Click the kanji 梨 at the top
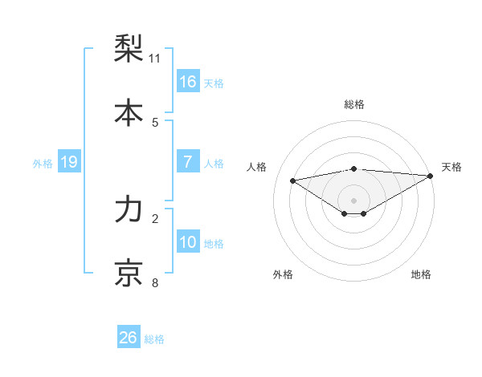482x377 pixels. coord(129,49)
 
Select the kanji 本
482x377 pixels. coord(129,113)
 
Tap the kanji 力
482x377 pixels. coord(129,209)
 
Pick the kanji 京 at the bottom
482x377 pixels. coord(129,274)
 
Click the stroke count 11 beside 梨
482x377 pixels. coord(155,59)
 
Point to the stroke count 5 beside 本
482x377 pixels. coord(155,123)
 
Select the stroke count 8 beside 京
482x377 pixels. coord(155,283)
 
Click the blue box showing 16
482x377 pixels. coord(188,81)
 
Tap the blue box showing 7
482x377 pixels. coord(188,162)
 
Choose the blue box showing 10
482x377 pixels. coord(188,242)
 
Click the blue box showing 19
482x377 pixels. coord(69,162)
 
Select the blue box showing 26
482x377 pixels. coord(129,338)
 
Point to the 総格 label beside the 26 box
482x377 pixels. coord(154,339)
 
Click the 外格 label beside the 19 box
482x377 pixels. coord(43,164)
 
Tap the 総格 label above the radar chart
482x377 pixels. coord(354,104)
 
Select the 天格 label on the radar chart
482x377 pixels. coord(451,167)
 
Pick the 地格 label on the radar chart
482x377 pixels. coord(421,274)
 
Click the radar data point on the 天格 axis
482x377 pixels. coord(431,176)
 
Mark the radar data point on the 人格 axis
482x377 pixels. coord(292,180)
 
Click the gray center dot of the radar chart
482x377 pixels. coord(354,200)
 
